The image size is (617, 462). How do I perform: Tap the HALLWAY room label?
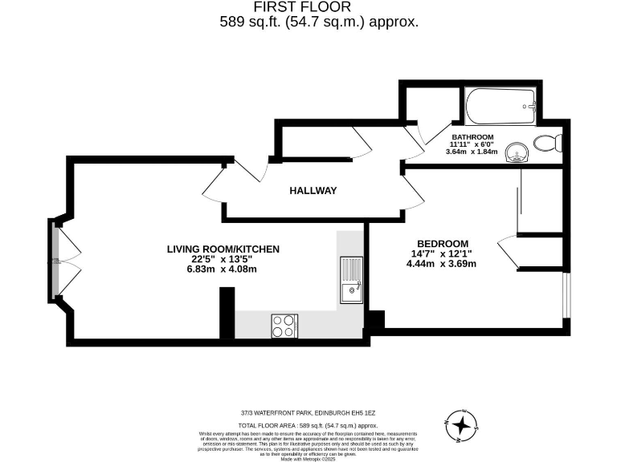(313, 191)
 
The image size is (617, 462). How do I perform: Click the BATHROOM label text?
(472, 137)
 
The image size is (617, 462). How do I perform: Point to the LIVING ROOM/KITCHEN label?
(223, 249)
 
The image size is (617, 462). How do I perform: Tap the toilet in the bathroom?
(549, 144)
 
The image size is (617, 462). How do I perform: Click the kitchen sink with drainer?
(351, 280)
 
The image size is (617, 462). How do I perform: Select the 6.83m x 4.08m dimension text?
(223, 269)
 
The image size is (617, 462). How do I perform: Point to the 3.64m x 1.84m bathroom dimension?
(472, 152)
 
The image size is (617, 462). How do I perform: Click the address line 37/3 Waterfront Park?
(308, 413)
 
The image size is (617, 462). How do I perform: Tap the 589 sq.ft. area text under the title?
(319, 22)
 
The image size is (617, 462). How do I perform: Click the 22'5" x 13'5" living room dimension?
(223, 259)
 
